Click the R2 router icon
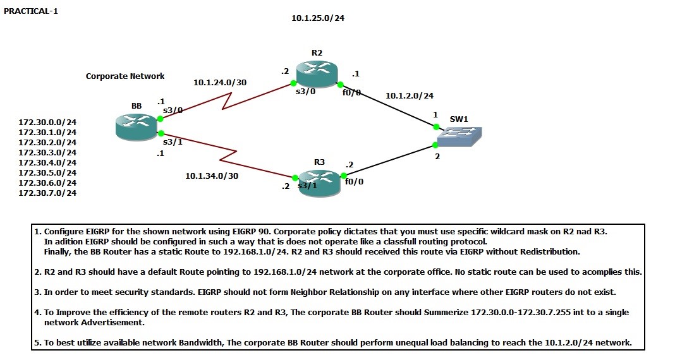(317, 74)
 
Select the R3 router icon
(320, 182)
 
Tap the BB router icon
(137, 126)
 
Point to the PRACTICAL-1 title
(31, 11)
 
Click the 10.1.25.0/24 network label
(318, 18)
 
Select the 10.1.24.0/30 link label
(220, 82)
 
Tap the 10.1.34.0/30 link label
(212, 176)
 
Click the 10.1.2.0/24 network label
(410, 95)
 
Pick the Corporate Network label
(125, 76)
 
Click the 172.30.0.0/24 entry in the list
(47, 122)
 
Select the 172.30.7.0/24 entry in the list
(47, 193)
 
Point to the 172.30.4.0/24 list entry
(47, 162)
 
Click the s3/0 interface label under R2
(305, 92)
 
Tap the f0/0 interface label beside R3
(354, 182)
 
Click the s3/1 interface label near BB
(173, 141)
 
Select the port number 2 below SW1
(437, 156)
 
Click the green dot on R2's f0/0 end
(340, 85)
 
